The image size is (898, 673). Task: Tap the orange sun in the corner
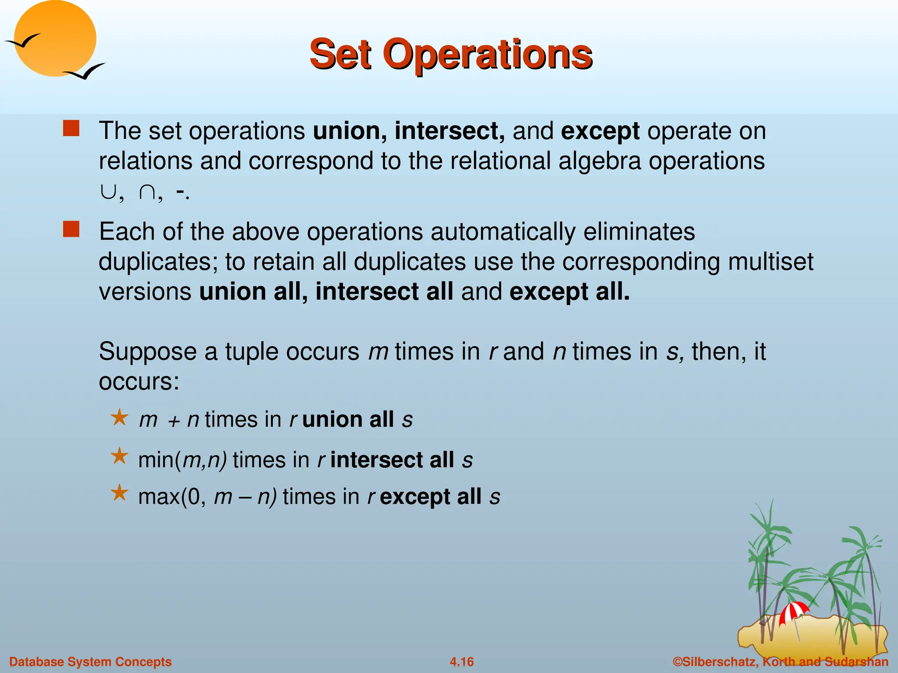55,39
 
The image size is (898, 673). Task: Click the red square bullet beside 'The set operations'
71,129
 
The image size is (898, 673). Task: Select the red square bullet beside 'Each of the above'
71,229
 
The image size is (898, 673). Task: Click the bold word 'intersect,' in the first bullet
449,131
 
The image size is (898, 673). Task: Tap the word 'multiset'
770,262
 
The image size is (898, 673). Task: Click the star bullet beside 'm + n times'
119,418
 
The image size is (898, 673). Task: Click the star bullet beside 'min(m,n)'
119,457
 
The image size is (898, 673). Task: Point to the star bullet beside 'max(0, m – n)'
119,493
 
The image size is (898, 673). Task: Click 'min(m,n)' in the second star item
182,460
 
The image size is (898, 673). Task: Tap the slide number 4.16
462,662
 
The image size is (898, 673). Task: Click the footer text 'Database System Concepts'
90,662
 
